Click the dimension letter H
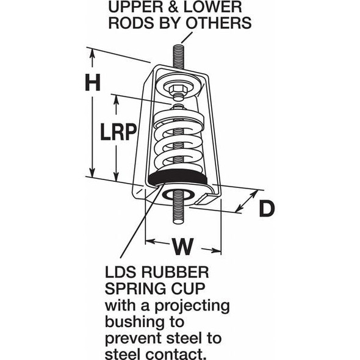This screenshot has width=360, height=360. [x=92, y=82]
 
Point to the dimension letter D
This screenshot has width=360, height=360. [x=266, y=209]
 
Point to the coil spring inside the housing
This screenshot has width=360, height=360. [x=179, y=140]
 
